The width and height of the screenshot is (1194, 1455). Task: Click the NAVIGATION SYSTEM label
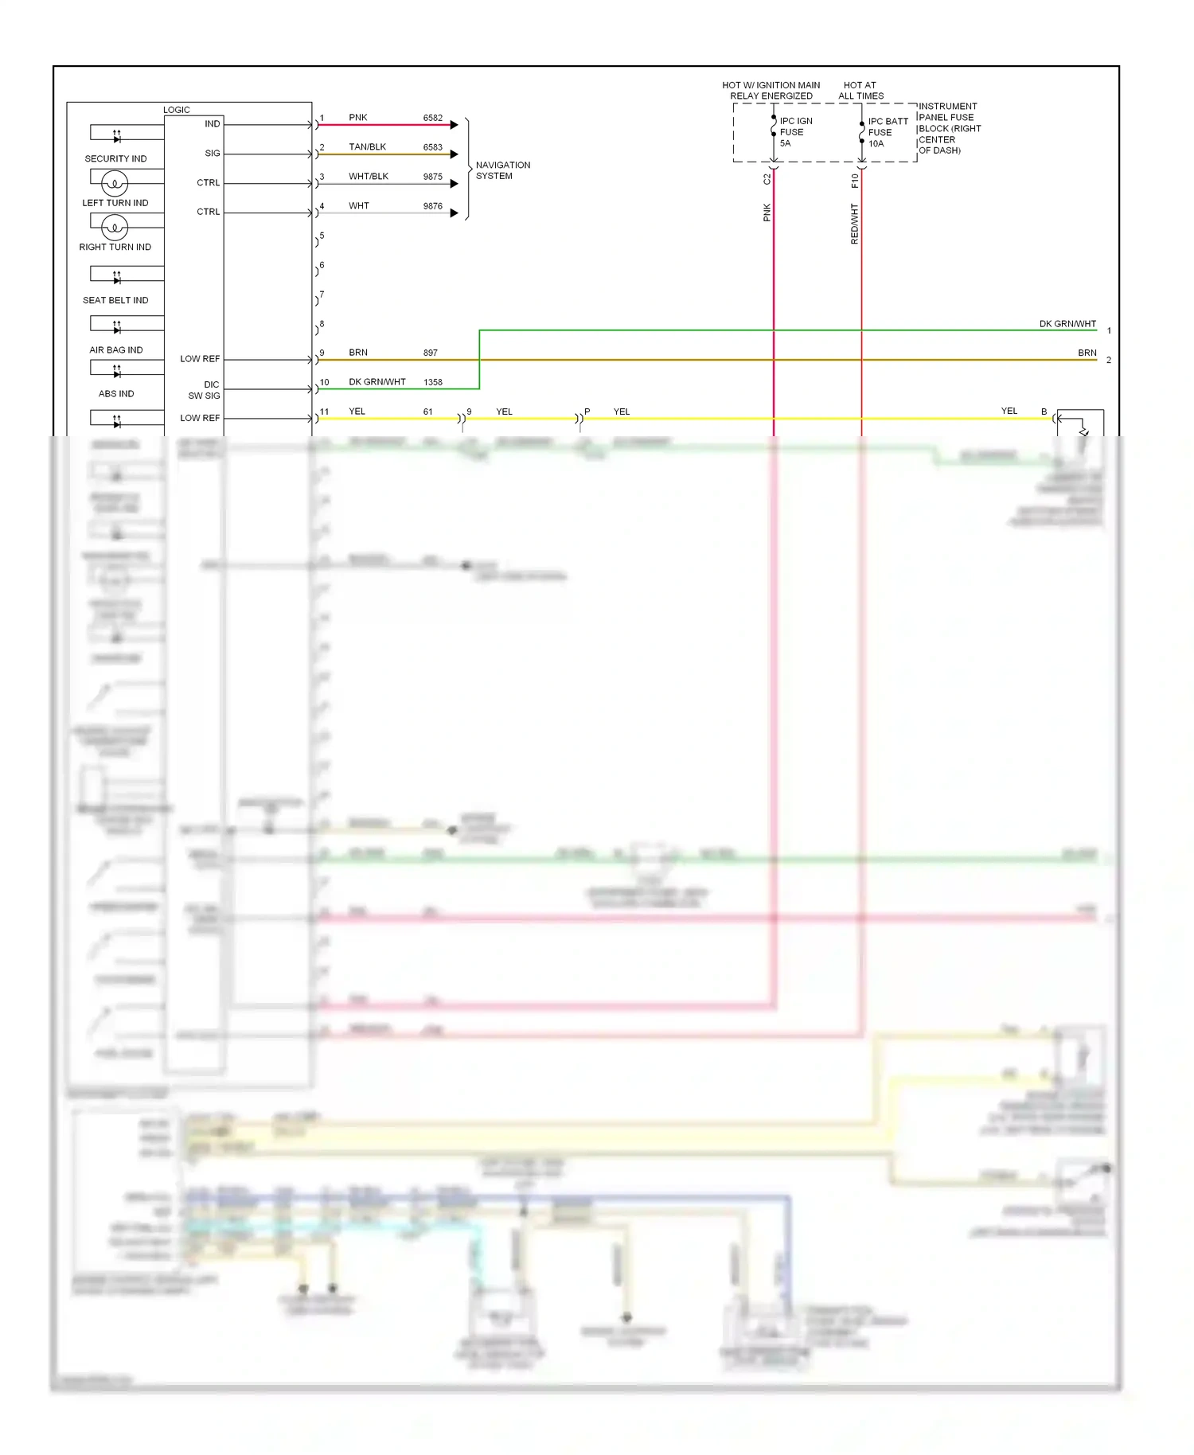[x=502, y=170]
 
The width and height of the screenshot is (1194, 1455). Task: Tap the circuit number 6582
[x=432, y=118]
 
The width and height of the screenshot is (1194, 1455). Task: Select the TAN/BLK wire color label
[x=367, y=147]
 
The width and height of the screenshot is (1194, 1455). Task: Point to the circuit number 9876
[x=432, y=206]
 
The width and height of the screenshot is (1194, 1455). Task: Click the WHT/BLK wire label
[x=368, y=177]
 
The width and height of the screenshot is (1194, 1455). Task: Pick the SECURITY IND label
[x=115, y=158]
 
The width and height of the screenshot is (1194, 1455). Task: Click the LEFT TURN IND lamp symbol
[x=115, y=184]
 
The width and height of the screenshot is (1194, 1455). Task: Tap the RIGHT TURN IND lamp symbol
[x=115, y=228]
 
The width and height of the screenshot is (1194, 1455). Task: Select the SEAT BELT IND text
[x=115, y=300]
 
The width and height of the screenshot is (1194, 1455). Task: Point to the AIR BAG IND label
[x=116, y=349]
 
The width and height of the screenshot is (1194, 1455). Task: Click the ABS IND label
[x=116, y=393]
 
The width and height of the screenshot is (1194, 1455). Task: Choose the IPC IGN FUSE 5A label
[x=795, y=132]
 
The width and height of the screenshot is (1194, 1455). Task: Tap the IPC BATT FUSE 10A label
[x=887, y=132]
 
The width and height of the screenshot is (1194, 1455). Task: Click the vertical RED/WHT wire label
[x=854, y=224]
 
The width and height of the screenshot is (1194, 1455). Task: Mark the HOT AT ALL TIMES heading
[x=860, y=91]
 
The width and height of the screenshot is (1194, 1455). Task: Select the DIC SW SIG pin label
[x=205, y=390]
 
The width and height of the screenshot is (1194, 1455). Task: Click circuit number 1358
[x=432, y=382]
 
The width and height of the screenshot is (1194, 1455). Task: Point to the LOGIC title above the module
[x=177, y=110]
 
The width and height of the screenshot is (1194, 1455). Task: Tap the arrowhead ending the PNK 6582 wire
[x=454, y=125]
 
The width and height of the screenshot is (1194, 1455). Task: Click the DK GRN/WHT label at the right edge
[x=1067, y=324]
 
